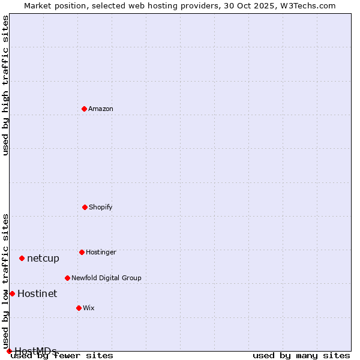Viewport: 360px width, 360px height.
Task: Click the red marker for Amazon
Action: click(84, 109)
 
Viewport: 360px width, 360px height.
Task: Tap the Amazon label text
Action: click(101, 109)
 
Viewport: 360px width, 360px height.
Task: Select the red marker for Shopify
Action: click(85, 207)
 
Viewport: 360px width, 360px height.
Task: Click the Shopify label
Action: click(101, 208)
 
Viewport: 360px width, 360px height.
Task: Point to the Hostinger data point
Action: click(82, 252)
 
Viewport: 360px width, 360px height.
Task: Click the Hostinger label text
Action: click(101, 253)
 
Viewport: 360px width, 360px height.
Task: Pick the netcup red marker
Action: click(22, 258)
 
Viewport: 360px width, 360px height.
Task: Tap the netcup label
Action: click(43, 259)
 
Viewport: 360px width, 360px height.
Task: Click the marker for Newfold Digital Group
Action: click(67, 278)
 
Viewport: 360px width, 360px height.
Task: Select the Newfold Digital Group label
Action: click(106, 278)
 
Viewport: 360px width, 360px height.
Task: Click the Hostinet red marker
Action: click(12, 293)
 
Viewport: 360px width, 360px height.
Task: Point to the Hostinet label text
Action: click(37, 294)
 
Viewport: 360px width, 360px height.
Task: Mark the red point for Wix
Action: click(79, 308)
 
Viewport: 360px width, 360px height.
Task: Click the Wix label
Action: click(89, 308)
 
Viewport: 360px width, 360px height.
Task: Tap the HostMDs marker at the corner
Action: click(9, 351)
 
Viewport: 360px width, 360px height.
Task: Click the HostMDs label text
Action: click(35, 352)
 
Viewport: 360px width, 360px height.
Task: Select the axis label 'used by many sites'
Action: click(301, 356)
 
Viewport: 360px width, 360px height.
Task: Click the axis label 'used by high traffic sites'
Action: click(5, 85)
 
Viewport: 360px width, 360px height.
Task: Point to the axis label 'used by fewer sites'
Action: click(62, 356)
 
